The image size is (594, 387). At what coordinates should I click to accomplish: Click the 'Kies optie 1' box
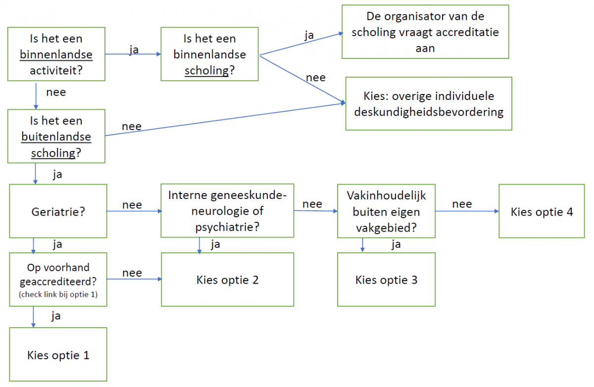click(x=58, y=354)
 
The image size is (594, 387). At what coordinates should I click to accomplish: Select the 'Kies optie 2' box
click(x=228, y=280)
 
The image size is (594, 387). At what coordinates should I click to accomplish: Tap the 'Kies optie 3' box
click(x=386, y=280)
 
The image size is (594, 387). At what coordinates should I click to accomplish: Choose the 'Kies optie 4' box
click(x=542, y=211)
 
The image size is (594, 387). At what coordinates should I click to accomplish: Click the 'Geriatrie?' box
click(x=58, y=211)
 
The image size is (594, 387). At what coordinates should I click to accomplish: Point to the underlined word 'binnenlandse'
click(x=56, y=54)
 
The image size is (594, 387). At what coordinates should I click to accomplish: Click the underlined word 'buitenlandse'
click(x=56, y=137)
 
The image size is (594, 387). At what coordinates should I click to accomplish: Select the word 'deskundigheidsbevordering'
click(x=429, y=112)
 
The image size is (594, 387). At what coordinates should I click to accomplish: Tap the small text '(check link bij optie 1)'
click(x=58, y=294)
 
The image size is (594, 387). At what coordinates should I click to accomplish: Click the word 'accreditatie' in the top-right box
click(x=467, y=32)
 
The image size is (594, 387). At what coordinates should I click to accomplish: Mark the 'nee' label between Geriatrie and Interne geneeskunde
click(x=132, y=205)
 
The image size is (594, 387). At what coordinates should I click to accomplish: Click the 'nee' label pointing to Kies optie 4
click(x=462, y=204)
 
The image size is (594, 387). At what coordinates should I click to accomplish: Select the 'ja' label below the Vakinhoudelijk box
click(x=396, y=244)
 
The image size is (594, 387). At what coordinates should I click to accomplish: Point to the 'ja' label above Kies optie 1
click(x=56, y=316)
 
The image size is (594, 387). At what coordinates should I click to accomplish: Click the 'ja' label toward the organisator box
click(x=309, y=35)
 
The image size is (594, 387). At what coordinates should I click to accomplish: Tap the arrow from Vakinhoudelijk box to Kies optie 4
click(x=467, y=211)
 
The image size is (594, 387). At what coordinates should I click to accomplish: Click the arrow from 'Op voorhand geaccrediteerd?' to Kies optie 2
click(x=134, y=279)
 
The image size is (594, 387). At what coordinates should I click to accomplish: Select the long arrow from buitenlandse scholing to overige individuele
click(x=225, y=119)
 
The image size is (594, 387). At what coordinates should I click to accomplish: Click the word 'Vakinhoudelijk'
click(x=387, y=195)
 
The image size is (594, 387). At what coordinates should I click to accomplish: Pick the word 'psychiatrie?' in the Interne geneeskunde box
click(x=227, y=227)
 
